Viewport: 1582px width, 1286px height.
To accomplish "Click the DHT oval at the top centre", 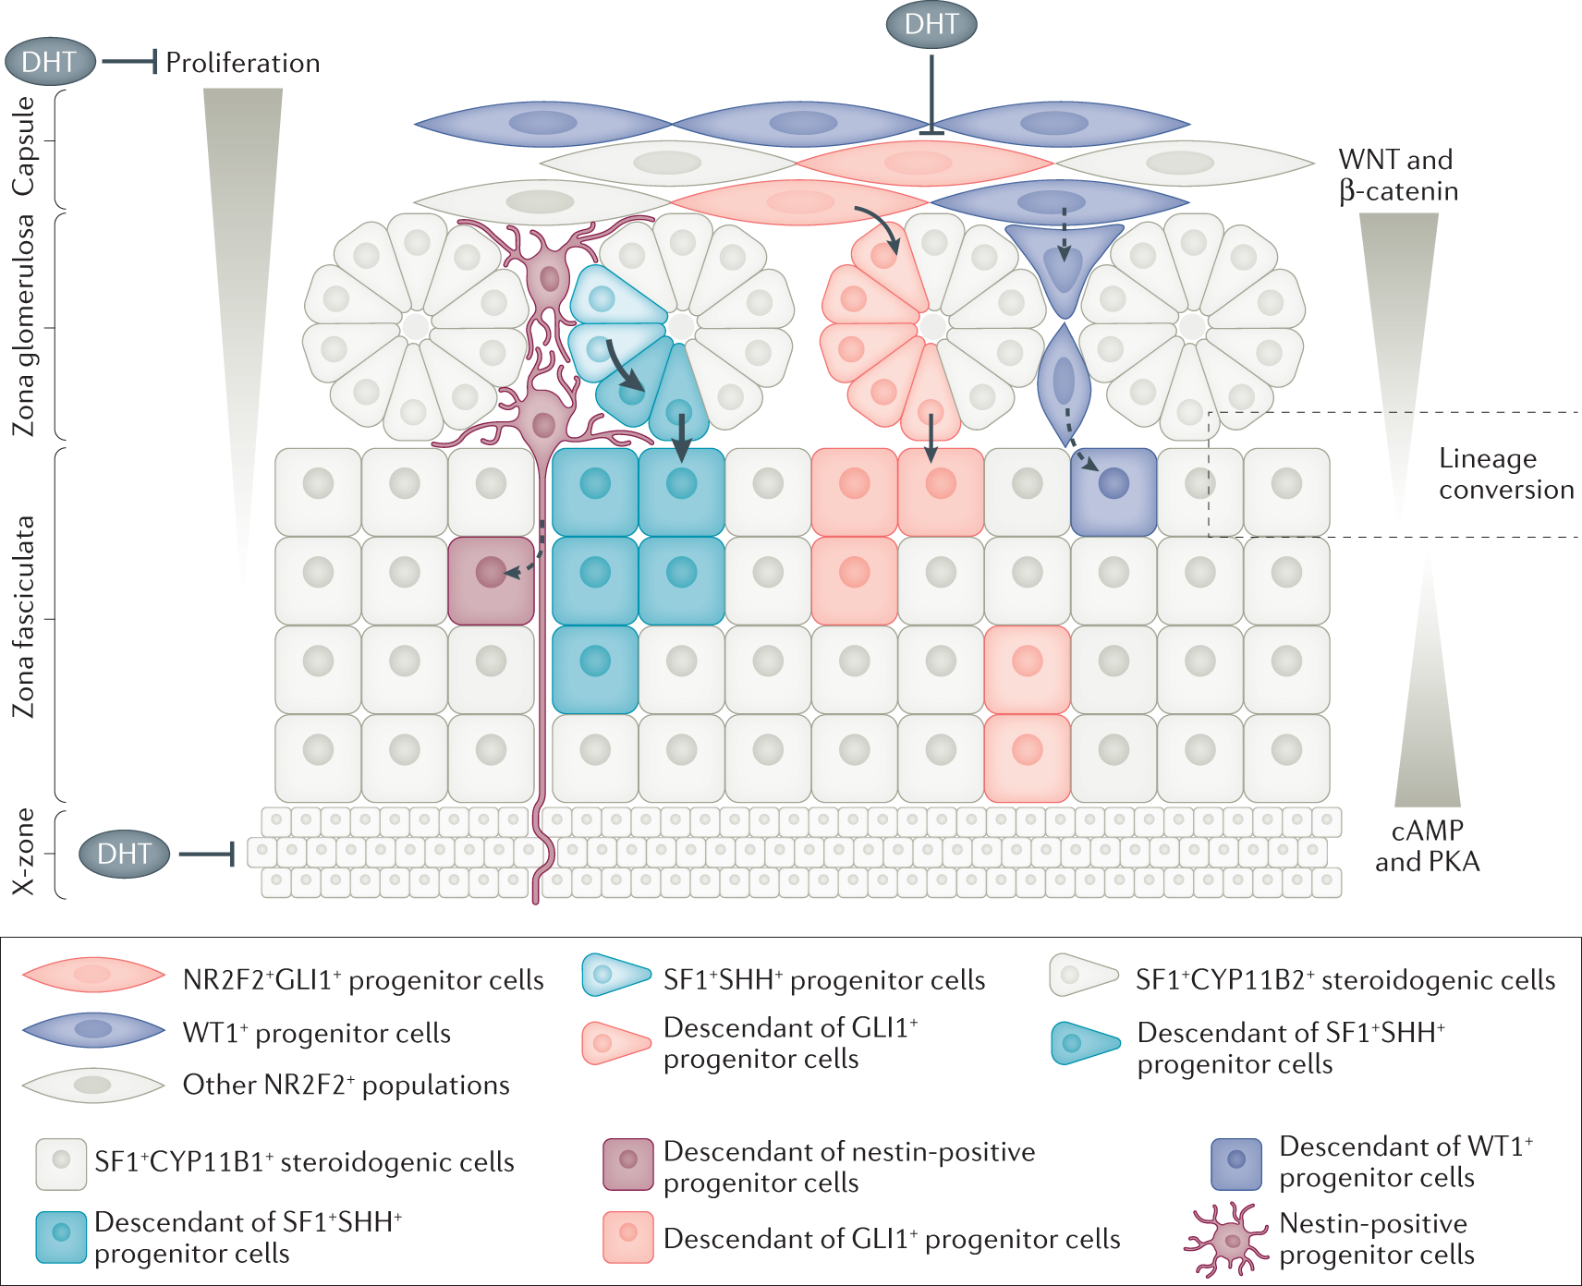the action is pyautogui.click(x=931, y=24).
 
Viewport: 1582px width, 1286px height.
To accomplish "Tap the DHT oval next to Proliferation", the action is pyautogui.click(x=51, y=62).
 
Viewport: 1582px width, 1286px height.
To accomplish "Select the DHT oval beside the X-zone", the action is pyautogui.click(x=125, y=854).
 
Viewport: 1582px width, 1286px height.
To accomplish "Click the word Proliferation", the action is pyautogui.click(x=243, y=63).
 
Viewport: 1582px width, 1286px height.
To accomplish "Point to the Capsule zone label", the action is pyautogui.click(x=24, y=146).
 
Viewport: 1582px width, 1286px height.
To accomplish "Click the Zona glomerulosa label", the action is pyautogui.click(x=24, y=324).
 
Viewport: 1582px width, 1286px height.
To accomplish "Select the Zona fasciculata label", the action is pyautogui.click(x=24, y=617).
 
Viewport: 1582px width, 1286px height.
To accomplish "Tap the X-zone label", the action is pyautogui.click(x=24, y=852).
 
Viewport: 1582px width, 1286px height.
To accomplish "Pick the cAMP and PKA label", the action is pyautogui.click(x=1428, y=846).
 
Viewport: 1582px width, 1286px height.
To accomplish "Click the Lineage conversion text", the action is pyautogui.click(x=1506, y=474).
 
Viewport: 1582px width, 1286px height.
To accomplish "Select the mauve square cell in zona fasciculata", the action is pyautogui.click(x=491, y=581).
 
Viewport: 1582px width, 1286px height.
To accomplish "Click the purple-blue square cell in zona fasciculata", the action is pyautogui.click(x=1113, y=492).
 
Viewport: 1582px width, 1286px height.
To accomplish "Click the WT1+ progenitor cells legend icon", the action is pyautogui.click(x=93, y=1029).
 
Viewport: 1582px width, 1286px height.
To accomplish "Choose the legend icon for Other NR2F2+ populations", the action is pyautogui.click(x=93, y=1085).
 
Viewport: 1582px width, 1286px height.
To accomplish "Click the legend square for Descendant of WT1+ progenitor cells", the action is pyautogui.click(x=1236, y=1164).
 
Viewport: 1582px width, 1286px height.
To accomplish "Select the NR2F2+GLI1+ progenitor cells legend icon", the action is pyautogui.click(x=93, y=975).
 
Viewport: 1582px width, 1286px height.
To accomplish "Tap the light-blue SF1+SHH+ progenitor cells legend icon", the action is pyautogui.click(x=616, y=976).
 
